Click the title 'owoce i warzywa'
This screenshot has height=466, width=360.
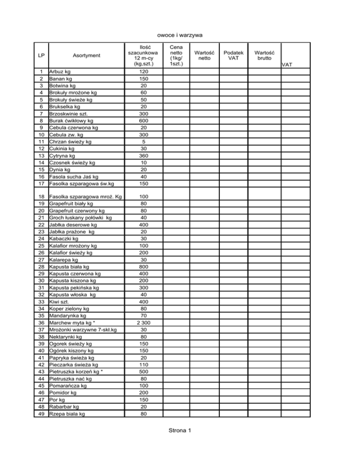click(180, 35)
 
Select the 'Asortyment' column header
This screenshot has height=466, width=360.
click(86, 55)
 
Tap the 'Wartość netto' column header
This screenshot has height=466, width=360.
click(204, 55)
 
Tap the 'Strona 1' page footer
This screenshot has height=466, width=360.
click(180, 431)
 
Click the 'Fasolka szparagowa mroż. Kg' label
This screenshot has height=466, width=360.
click(84, 197)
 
